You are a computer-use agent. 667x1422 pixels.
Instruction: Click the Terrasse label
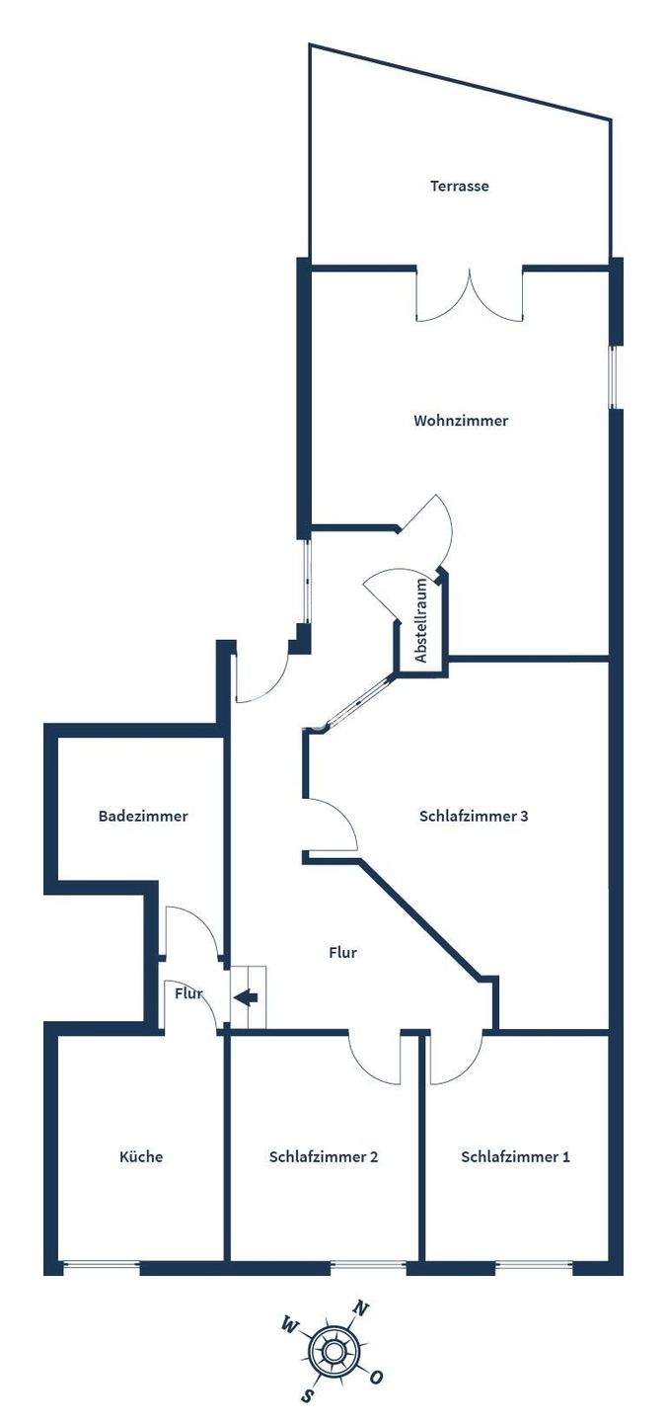(459, 186)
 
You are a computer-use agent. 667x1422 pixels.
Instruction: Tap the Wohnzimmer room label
(461, 421)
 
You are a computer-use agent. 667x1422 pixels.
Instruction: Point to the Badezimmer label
(143, 817)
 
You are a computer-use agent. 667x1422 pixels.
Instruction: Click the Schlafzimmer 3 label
(474, 817)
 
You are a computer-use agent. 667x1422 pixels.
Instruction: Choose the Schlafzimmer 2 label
(324, 1156)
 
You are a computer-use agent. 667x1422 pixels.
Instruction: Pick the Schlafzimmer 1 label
(515, 1156)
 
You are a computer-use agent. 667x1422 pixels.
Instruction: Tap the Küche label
(141, 1156)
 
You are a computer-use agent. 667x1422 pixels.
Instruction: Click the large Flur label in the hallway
(342, 953)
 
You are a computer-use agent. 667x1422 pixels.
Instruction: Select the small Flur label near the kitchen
(188, 993)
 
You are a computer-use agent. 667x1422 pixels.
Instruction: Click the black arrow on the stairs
(247, 997)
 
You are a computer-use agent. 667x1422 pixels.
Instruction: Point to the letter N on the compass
(361, 1310)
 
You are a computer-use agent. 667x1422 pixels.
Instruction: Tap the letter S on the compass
(308, 1394)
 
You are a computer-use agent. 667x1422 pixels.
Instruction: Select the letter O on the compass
(377, 1377)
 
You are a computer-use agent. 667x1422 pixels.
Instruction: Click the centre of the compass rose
(333, 1352)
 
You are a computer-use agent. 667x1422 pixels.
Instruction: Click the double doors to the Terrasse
(470, 294)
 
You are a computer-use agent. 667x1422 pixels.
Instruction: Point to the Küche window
(101, 1265)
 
